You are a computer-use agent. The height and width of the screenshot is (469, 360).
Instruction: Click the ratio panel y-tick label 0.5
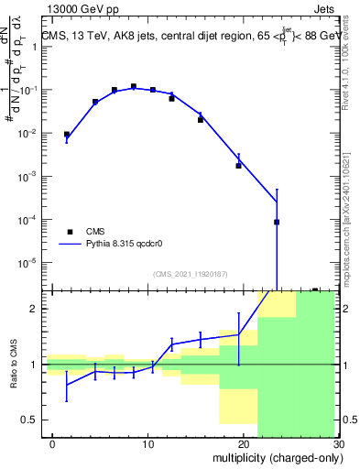[27, 420]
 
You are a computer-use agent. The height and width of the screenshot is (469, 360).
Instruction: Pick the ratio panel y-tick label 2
[32, 309]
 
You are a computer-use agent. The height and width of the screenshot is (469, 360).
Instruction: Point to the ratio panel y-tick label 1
[32, 365]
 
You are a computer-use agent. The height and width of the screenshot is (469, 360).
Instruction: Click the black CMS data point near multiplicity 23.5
[277, 222]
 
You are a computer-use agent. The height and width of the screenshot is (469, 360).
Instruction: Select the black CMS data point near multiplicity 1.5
[66, 135]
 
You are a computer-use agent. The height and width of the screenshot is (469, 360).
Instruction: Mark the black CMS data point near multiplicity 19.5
[238, 166]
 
